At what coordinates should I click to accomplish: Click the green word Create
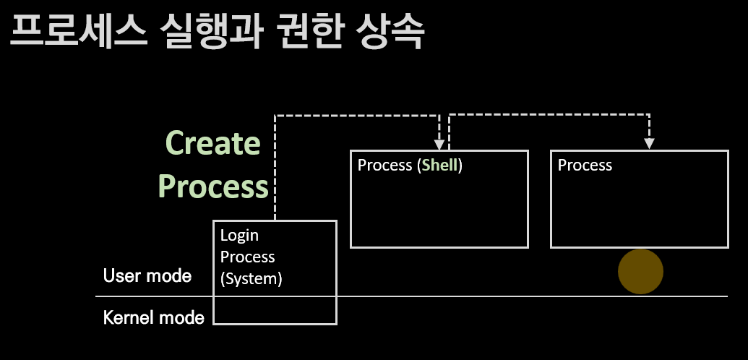point(212,142)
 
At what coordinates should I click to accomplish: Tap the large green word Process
point(213,186)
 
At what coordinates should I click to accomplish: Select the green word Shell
point(440,166)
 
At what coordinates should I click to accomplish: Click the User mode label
point(147,275)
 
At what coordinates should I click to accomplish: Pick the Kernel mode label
point(154,317)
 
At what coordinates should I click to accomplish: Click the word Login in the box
point(239,236)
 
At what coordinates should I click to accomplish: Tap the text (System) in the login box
point(251,278)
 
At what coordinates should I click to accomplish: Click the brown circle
point(640,271)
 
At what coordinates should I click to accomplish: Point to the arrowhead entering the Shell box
point(439,144)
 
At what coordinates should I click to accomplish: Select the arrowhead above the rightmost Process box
point(649,143)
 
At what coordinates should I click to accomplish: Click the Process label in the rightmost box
point(585,166)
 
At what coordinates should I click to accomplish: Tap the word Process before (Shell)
point(385,166)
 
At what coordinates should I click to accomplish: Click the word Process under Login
point(248,257)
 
